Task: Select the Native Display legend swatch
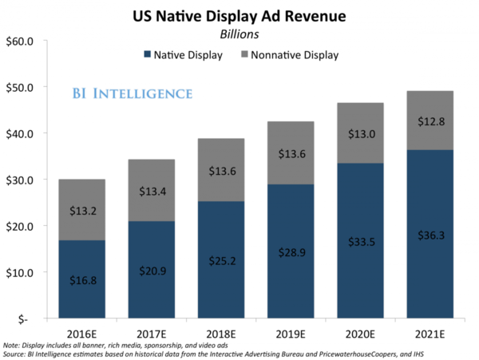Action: click(x=147, y=55)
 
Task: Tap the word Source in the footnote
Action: click(x=15, y=353)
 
